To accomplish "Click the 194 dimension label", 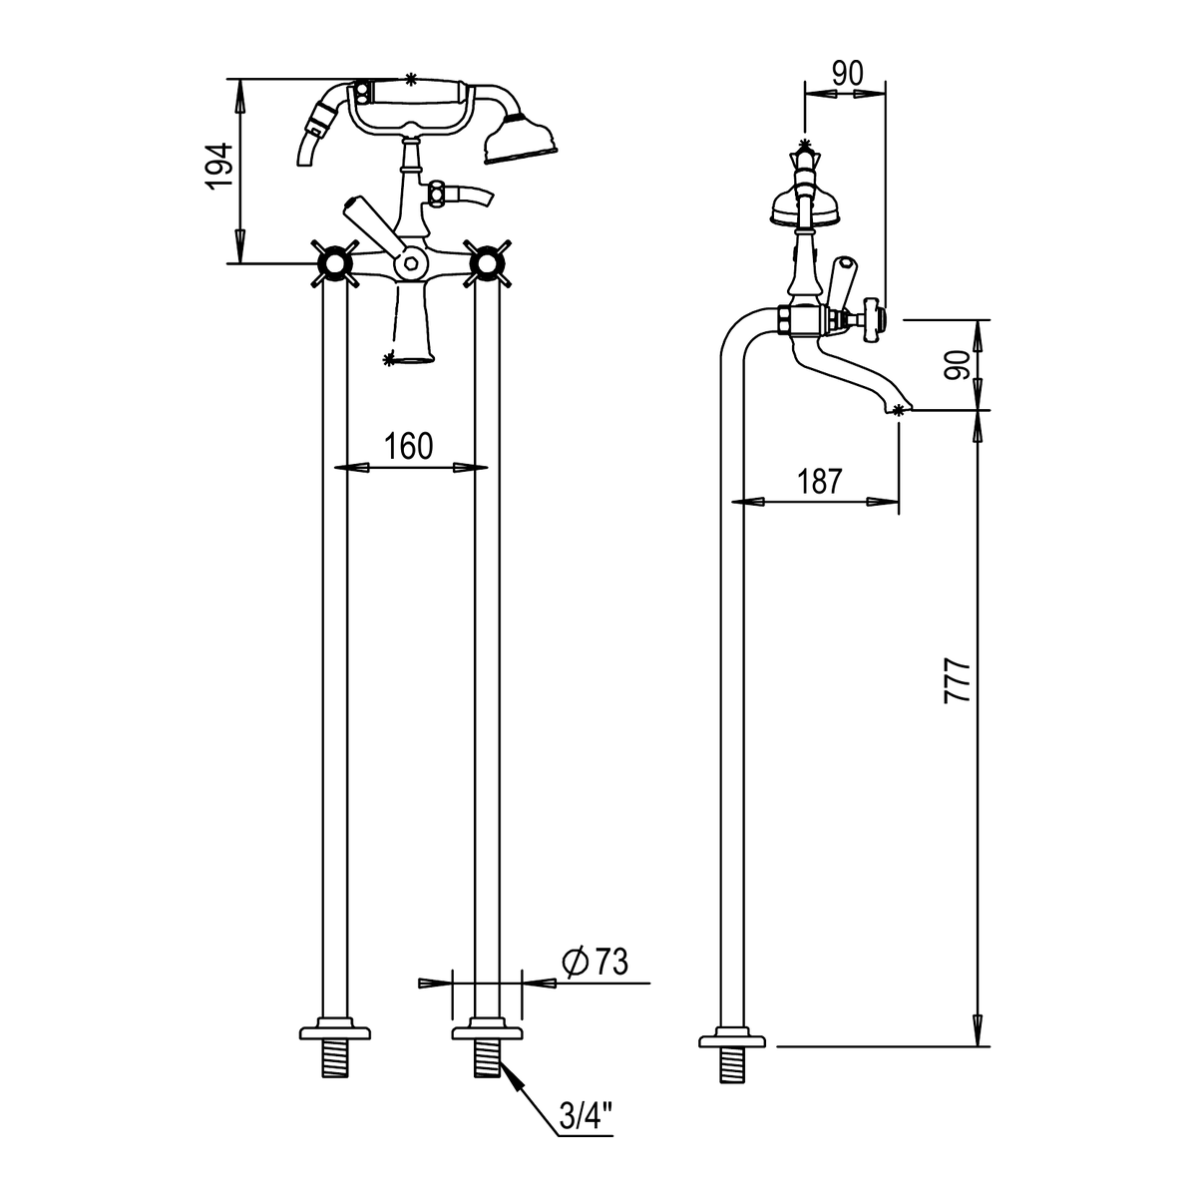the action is (218, 166).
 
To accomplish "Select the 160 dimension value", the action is (408, 446).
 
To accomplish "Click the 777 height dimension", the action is (957, 681).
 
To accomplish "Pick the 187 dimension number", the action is (820, 481).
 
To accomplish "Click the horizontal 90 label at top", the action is (848, 74).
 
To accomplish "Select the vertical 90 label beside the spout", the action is (957, 365).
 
